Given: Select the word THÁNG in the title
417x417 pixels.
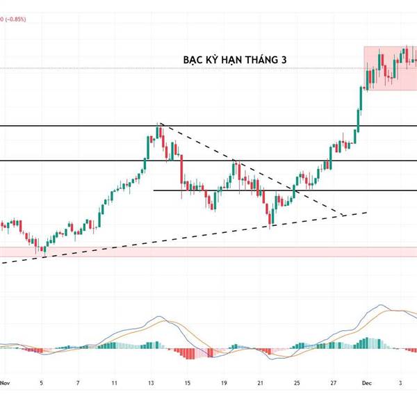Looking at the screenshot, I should pos(259,61).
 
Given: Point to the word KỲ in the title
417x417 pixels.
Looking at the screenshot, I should pos(213,61).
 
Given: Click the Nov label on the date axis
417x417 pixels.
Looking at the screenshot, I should pos(6,382).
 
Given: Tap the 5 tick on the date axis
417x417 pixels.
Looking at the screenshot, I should pos(42,382).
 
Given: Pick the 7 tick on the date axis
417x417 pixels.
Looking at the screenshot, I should pos(78,382).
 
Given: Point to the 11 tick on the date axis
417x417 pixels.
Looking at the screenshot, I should pos(114,382).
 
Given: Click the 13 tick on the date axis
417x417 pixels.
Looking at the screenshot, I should pos(151,382).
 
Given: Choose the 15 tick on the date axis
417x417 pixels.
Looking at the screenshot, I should pos(187,382).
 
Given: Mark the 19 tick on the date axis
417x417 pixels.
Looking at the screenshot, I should pos(223,382).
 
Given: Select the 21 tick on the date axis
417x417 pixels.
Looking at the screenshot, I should pos(259,382).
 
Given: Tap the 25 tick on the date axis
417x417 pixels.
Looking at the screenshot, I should pos(296,382).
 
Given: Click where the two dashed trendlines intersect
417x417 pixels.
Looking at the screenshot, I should pos(343,215).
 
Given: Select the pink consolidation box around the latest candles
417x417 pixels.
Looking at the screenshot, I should pos(391,67).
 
